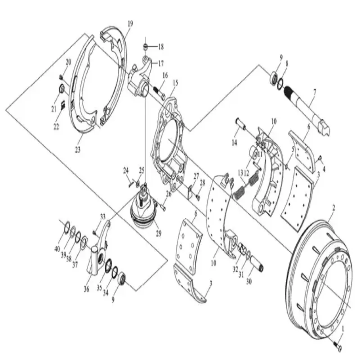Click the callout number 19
click(130, 23)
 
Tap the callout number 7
click(315, 92)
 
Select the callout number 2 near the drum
click(333, 207)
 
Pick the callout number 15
click(175, 82)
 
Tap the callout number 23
click(78, 150)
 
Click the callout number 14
click(234, 144)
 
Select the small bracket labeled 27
click(190, 191)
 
